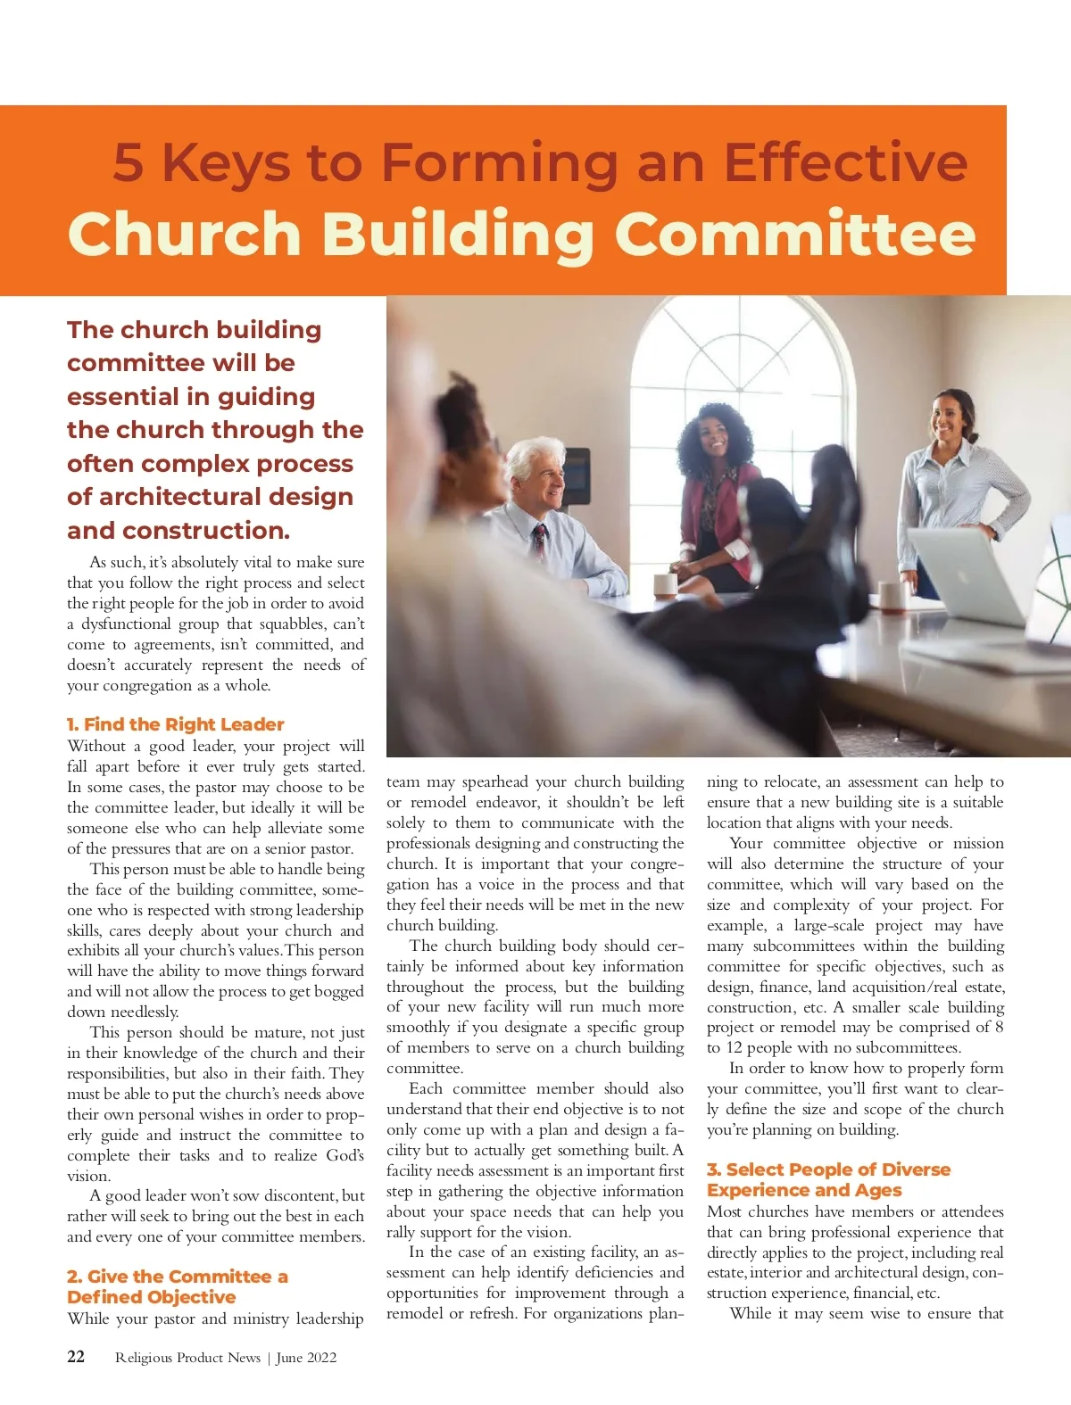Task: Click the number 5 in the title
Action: pyautogui.click(x=129, y=164)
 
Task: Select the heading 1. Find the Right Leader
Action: pyautogui.click(x=175, y=724)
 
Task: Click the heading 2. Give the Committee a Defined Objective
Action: pyautogui.click(x=177, y=1286)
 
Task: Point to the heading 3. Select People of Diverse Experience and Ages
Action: pyautogui.click(x=827, y=1179)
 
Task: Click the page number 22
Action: pyautogui.click(x=76, y=1357)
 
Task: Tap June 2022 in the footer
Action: pyautogui.click(x=306, y=1358)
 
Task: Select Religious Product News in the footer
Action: pyautogui.click(x=187, y=1358)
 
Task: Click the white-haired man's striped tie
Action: pyautogui.click(x=540, y=544)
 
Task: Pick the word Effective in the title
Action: pyautogui.click(x=844, y=164)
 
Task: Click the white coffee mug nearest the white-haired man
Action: pyautogui.click(x=666, y=584)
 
